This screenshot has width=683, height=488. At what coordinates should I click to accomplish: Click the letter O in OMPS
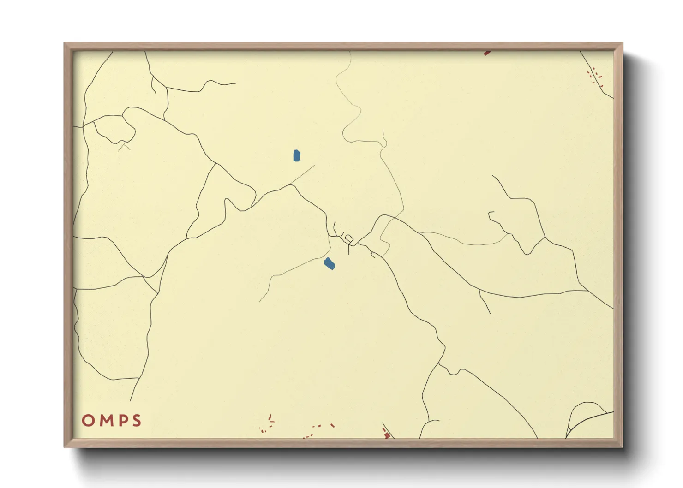88,421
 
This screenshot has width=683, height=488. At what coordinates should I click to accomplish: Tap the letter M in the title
104,421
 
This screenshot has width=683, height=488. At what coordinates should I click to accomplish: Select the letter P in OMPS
121,421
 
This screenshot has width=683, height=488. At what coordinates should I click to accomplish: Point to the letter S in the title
136,421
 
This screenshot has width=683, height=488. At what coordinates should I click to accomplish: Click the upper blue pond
296,155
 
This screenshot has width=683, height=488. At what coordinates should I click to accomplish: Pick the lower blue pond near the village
329,264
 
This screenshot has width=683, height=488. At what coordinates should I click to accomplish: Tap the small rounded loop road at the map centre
349,239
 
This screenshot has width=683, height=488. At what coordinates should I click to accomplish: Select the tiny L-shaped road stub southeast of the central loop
373,254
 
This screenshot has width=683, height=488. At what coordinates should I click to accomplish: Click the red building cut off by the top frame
486,53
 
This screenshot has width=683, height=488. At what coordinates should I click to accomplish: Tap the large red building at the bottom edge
387,434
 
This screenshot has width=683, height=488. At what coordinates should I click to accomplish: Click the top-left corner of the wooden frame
65,43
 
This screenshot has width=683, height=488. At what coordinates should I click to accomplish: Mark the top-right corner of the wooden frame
622,43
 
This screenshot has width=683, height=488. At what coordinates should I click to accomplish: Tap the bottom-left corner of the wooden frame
65,446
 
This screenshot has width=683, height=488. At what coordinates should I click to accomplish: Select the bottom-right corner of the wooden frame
622,446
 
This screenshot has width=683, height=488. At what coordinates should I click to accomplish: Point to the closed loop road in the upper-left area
114,129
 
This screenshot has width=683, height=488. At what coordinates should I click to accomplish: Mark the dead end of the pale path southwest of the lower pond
260,301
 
